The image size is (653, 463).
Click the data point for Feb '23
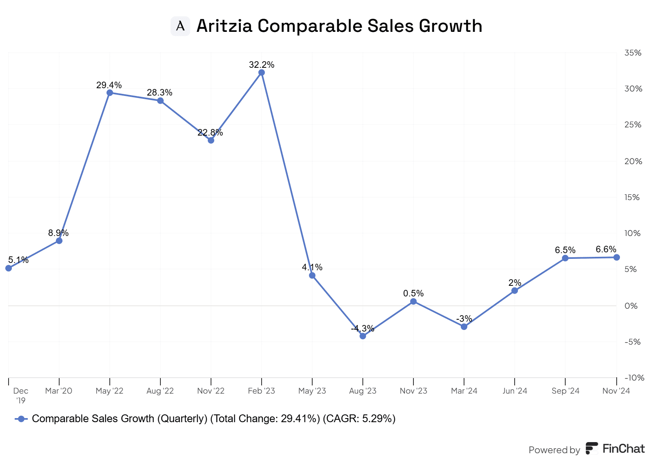pyautogui.click(x=262, y=73)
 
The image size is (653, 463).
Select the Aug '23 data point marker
pyautogui.click(x=363, y=336)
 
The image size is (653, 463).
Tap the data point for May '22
pyautogui.click(x=110, y=93)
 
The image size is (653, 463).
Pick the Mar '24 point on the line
pyautogui.click(x=464, y=327)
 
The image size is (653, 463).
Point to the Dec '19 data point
pyautogui.click(x=9, y=268)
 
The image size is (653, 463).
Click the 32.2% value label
pyautogui.click(x=262, y=65)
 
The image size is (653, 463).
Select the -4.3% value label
pyautogui.click(x=363, y=328)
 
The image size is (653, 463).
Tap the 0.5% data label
pyautogui.click(x=413, y=293)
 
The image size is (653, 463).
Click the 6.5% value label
pyautogui.click(x=565, y=250)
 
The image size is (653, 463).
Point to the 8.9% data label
pyautogui.click(x=58, y=233)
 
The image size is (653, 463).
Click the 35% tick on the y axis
pyautogui.click(x=633, y=53)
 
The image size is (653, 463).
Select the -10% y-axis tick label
pyautogui.click(x=634, y=378)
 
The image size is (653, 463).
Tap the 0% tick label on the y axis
pyautogui.click(x=631, y=306)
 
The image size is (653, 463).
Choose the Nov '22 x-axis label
pyautogui.click(x=211, y=391)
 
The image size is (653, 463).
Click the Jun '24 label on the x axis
pyautogui.click(x=515, y=391)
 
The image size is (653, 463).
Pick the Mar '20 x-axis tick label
pyautogui.click(x=59, y=391)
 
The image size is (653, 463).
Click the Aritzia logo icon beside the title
pyautogui.click(x=180, y=26)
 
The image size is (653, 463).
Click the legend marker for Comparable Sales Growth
pyautogui.click(x=21, y=419)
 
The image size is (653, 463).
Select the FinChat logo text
pyautogui.click(x=623, y=449)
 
